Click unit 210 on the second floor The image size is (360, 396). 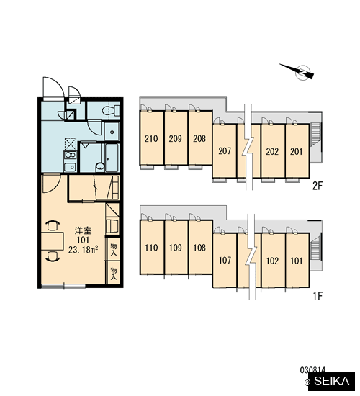click(152, 138)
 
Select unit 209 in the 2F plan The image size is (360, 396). click(176, 138)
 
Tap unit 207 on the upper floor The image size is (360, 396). click(225, 151)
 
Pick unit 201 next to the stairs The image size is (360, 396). click(297, 151)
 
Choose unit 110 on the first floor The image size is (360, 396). click(152, 247)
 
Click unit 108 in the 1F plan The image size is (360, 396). click(200, 247)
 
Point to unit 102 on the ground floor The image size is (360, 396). click(273, 261)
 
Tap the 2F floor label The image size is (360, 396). click(318, 186)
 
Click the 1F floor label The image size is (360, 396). click(318, 296)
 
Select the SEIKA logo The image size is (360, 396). click(332, 381)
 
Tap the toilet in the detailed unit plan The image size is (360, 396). click(111, 110)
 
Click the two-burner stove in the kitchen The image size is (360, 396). click(70, 155)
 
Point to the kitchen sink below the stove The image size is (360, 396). click(70, 167)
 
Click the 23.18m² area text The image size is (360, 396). click(83, 250)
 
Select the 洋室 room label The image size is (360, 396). click(83, 230)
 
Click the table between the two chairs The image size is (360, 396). click(53, 241)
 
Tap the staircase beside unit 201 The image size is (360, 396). click(315, 134)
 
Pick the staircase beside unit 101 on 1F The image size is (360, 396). click(315, 248)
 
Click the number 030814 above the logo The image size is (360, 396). click(312, 370)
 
